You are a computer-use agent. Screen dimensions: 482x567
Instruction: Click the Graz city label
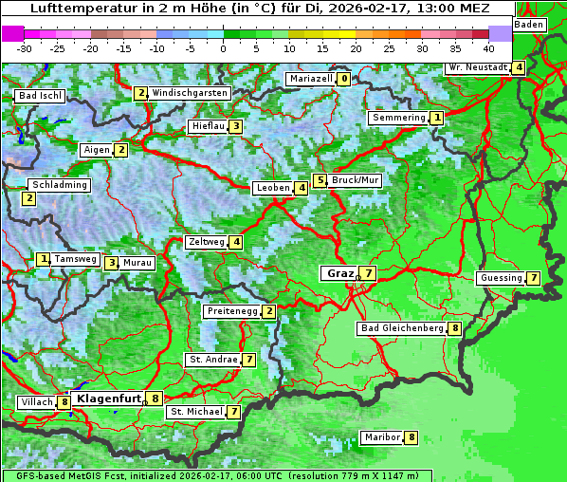tap(339, 273)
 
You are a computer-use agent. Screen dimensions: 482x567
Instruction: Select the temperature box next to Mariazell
tap(343, 79)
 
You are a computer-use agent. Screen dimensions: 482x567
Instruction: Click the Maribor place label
tap(381, 437)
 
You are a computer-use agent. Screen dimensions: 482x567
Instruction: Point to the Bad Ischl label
tap(41, 96)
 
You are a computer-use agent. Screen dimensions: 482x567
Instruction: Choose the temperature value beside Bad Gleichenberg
tap(455, 328)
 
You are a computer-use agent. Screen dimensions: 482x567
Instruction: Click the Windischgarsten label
tap(190, 93)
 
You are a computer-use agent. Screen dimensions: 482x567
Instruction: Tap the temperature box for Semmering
tap(436, 118)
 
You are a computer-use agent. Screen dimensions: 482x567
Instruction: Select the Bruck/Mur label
tap(355, 179)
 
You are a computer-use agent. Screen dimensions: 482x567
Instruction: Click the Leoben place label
tap(273, 188)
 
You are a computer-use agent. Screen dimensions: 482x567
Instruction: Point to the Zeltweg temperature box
tap(236, 242)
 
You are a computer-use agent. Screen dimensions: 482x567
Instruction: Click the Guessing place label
tap(501, 278)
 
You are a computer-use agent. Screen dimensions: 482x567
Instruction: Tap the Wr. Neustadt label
tap(477, 67)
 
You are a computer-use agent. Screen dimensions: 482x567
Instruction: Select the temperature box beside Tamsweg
tap(43, 259)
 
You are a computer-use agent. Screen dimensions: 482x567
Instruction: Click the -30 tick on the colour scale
tap(25, 47)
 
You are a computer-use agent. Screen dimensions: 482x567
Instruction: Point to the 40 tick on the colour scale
tap(488, 47)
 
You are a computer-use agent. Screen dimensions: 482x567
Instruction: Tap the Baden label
tap(529, 24)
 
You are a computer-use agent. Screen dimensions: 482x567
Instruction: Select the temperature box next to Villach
tap(64, 402)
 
